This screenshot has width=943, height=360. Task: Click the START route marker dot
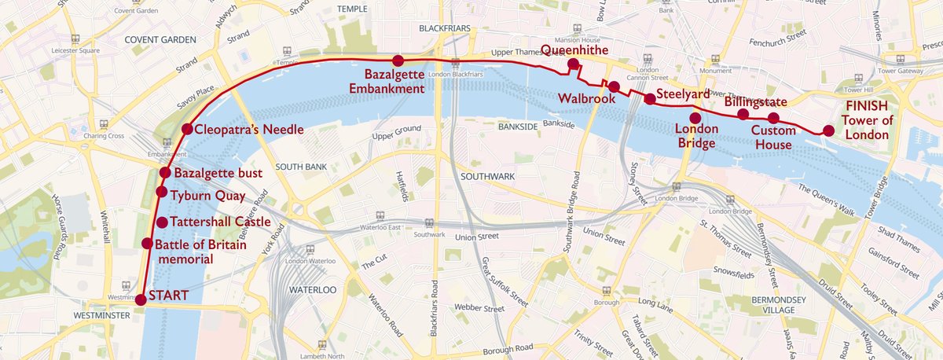pos(140,299)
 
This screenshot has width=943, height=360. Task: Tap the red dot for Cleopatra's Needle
pos(187,129)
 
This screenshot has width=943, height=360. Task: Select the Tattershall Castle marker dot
pos(163,222)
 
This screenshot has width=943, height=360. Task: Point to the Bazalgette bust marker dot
pos(166,173)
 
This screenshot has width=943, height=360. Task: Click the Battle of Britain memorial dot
pos(147,244)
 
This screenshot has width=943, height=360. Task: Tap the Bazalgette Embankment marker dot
pos(398,61)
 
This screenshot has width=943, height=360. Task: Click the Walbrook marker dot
pos(614,86)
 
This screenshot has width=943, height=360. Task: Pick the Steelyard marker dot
pos(650,98)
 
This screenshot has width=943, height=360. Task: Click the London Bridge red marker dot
pos(695,118)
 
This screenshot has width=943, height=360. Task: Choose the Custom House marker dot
pos(773,119)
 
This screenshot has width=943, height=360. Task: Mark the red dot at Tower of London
pos(828,131)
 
